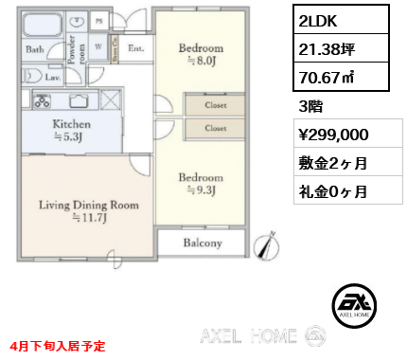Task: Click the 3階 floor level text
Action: click(310, 106)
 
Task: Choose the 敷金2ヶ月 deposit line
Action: click(327, 162)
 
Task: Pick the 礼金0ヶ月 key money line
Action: click(327, 190)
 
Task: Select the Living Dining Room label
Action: click(89, 205)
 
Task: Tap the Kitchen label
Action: click(72, 124)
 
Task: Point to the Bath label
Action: click(35, 48)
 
